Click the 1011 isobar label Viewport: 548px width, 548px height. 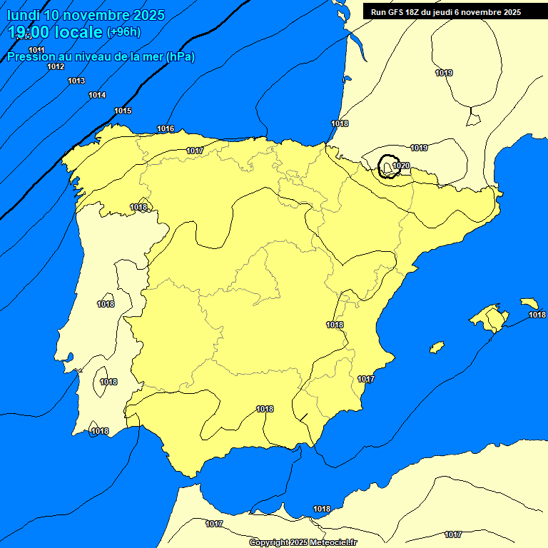tap(36, 50)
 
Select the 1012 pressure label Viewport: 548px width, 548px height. tap(56, 66)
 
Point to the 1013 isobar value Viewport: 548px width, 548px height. tap(76, 81)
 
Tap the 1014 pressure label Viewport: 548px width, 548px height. tap(97, 95)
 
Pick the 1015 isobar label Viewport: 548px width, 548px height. tap(123, 111)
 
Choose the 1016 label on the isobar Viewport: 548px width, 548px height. tap(166, 128)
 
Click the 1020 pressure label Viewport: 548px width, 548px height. tap(401, 166)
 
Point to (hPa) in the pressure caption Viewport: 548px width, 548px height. tap(180, 56)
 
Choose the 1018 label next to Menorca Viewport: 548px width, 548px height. tap(537, 315)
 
